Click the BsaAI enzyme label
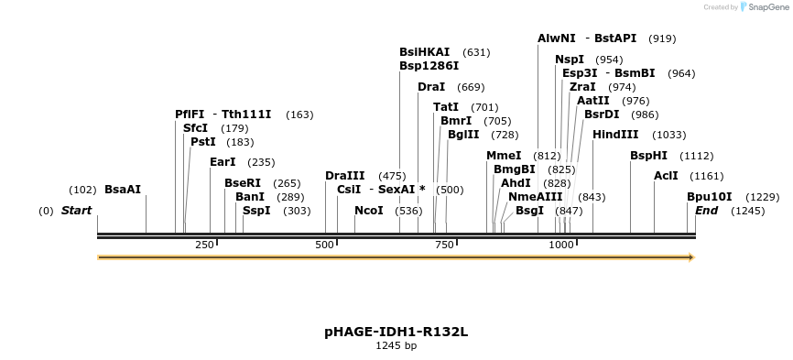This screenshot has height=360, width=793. [x=122, y=190]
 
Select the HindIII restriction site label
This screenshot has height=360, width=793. [x=615, y=134]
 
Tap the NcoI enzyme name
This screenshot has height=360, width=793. [x=369, y=211]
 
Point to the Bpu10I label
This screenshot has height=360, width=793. [x=710, y=197]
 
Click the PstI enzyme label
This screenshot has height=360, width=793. [x=203, y=142]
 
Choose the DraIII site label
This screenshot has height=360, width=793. [x=345, y=176]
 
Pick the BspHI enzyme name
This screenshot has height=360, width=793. [x=648, y=156]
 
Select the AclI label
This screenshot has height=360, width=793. [x=666, y=176]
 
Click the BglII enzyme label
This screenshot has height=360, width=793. [x=463, y=135]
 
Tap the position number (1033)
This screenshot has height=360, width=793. [x=668, y=135]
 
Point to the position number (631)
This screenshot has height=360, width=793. [x=476, y=52]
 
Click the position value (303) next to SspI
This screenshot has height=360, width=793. [x=297, y=211]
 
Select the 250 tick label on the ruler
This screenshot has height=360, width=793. [x=203, y=245]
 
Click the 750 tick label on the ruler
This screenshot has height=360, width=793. [x=445, y=245]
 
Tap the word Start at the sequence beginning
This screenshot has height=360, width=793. [x=76, y=211]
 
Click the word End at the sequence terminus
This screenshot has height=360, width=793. [x=706, y=211]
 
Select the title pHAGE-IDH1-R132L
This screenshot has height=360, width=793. [x=396, y=332]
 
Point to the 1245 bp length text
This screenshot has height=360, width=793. [x=396, y=346]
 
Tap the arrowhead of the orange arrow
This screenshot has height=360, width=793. [x=691, y=257]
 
